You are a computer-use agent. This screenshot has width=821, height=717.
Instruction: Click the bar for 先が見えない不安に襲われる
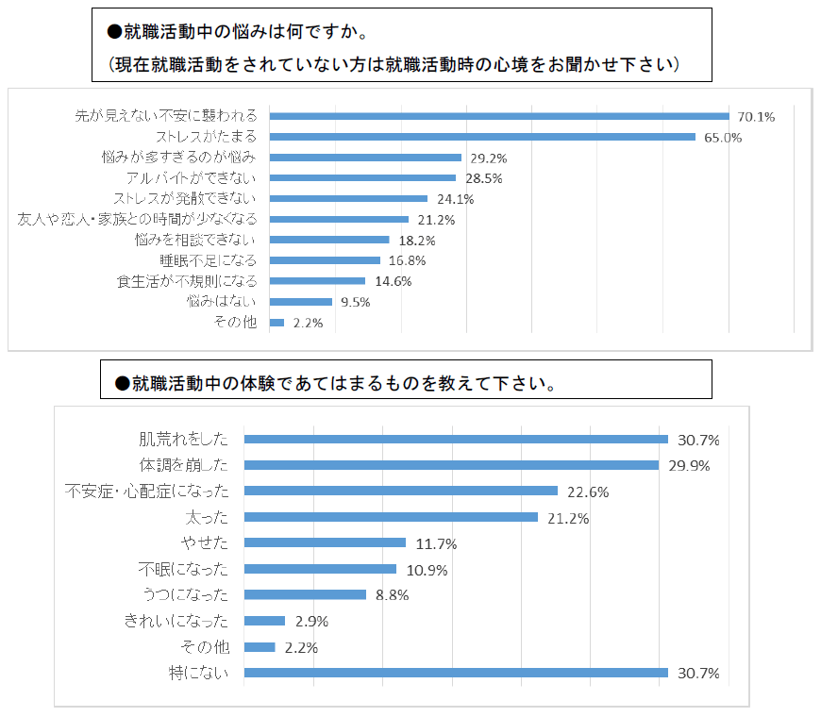click(x=499, y=116)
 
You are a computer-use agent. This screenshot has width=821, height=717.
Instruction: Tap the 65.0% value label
click(x=723, y=137)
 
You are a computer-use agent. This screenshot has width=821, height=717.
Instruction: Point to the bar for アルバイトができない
click(x=362, y=177)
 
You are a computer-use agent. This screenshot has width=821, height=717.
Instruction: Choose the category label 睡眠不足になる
click(x=209, y=260)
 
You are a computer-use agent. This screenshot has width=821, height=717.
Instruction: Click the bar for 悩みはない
click(x=301, y=302)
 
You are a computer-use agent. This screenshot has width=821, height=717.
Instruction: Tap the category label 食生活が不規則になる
click(x=186, y=281)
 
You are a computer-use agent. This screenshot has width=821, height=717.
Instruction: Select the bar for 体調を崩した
click(x=451, y=465)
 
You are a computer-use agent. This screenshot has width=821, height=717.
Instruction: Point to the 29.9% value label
click(x=689, y=465)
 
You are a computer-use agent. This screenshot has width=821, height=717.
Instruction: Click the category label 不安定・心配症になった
click(x=146, y=492)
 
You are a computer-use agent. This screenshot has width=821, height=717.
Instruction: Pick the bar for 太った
click(x=391, y=517)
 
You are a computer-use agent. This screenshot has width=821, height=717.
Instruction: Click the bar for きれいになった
click(x=264, y=621)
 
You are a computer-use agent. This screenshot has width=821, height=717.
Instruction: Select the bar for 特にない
click(x=456, y=673)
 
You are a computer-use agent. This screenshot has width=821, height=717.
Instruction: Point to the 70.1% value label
click(x=756, y=117)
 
